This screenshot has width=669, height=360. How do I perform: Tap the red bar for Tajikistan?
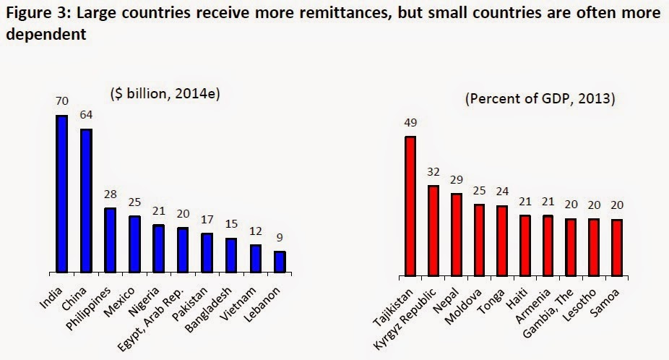[x=410, y=206]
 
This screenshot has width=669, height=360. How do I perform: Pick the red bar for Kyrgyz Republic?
[x=433, y=231]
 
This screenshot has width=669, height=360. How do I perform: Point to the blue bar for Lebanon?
[x=280, y=262]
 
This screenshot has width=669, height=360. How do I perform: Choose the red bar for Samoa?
[x=616, y=247]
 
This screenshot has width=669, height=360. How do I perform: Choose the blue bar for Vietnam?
[x=256, y=258]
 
